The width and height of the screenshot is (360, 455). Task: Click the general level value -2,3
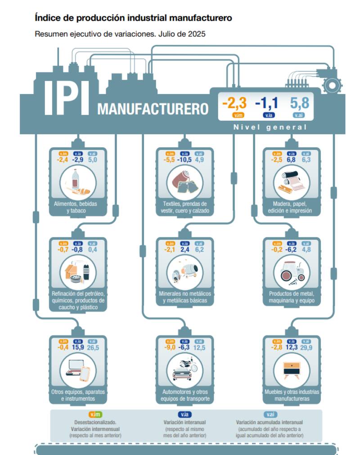pyautogui.click(x=234, y=104)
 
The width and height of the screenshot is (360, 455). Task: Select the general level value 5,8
pyautogui.click(x=300, y=104)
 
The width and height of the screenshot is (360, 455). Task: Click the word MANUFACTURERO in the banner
pyautogui.click(x=153, y=109)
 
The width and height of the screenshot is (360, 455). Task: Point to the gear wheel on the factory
pyautogui.click(x=333, y=85)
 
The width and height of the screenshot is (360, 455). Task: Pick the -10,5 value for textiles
pyautogui.click(x=184, y=160)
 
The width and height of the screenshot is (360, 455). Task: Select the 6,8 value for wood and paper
pyautogui.click(x=291, y=160)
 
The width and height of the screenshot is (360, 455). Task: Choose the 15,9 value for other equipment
pyautogui.click(x=78, y=347)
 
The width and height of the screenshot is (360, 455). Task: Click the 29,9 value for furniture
pyautogui.click(x=306, y=347)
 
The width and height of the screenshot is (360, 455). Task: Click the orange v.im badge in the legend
pyautogui.click(x=95, y=414)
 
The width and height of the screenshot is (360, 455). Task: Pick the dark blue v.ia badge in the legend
pyautogui.click(x=184, y=414)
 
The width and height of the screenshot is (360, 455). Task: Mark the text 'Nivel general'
pyautogui.click(x=270, y=127)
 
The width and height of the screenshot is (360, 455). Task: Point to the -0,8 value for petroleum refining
pyautogui.click(x=77, y=250)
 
